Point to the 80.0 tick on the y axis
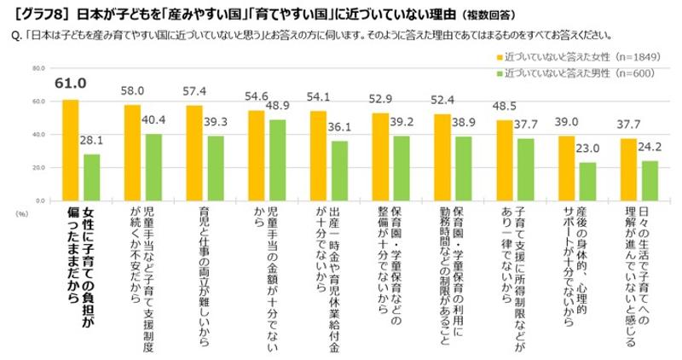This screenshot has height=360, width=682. [x=38, y=68]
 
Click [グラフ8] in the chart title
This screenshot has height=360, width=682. [x=28, y=14]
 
